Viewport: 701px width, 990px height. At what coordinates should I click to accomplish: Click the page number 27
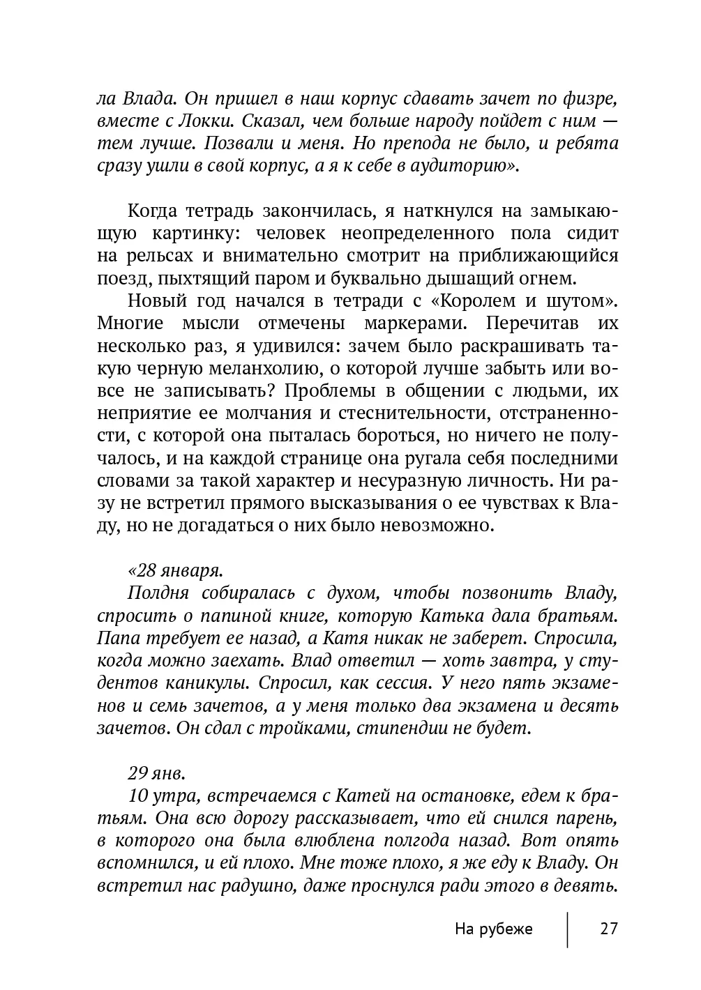coord(608,929)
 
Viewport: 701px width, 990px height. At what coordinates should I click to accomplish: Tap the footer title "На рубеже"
coord(493,929)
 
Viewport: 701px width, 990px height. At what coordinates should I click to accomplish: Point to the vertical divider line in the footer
coord(567,929)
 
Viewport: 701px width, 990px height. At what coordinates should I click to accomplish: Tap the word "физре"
coord(593,98)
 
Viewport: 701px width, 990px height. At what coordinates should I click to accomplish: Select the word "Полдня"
coord(158,593)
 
